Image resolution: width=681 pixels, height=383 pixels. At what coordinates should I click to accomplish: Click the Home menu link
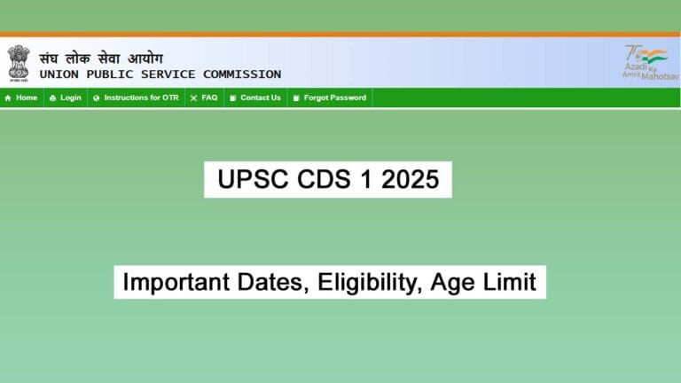27,98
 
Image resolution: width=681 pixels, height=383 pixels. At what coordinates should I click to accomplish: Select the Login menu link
70,98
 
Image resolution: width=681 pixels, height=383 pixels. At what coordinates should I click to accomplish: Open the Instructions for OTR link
141,98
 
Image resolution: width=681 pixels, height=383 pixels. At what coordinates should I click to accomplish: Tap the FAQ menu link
209,98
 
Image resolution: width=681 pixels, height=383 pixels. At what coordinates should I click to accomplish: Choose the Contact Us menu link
260,98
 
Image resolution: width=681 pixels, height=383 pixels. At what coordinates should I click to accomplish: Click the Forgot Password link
334,98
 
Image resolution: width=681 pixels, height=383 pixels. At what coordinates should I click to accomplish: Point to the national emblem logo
19,62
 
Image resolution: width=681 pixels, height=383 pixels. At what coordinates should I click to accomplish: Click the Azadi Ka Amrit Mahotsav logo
646,62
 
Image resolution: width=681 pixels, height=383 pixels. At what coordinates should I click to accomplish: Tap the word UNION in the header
59,74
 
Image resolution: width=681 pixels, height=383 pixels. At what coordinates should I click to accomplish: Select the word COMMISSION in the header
242,74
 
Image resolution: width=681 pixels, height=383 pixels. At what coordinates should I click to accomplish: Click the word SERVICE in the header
168,74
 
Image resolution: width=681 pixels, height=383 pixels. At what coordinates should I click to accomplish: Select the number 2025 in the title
411,180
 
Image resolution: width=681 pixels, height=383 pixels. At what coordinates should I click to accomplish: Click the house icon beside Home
8,98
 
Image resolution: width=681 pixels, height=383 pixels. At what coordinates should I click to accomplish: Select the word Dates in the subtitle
270,283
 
